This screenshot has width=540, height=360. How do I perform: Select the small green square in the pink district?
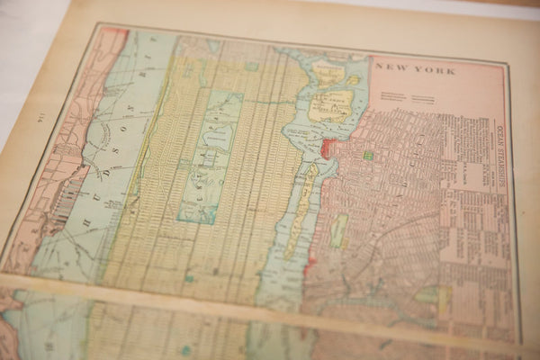[367, 156]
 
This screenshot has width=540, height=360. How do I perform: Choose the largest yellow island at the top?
[330, 104]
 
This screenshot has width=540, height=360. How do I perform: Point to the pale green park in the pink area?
[338, 230]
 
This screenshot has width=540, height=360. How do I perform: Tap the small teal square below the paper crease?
[185, 350]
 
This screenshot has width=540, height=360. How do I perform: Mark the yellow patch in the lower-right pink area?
[443, 301]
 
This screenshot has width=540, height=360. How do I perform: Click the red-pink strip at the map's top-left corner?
[112, 39]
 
